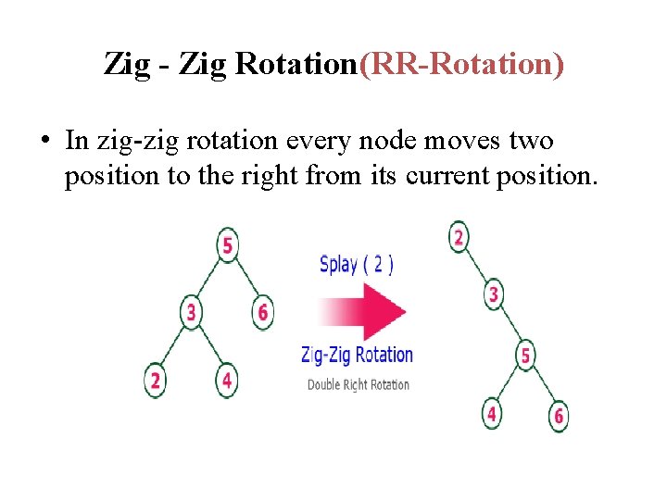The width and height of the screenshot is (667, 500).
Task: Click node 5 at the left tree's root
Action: pyautogui.click(x=227, y=246)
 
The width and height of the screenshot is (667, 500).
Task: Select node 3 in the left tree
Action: pyautogui.click(x=191, y=313)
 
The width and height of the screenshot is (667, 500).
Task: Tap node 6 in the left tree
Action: pyautogui.click(x=263, y=313)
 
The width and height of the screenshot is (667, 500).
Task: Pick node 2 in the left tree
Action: pyautogui.click(x=155, y=381)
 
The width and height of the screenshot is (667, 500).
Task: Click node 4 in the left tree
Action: pyautogui.click(x=227, y=381)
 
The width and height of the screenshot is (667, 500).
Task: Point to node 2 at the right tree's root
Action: pyautogui.click(x=458, y=237)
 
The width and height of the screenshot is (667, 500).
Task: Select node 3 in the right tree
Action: pyautogui.click(x=494, y=295)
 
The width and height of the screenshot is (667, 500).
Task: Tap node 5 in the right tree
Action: pyautogui.click(x=525, y=356)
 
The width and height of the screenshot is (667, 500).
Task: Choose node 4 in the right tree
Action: pyautogui.click(x=492, y=414)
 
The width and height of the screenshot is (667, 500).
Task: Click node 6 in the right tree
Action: pyautogui.click(x=559, y=416)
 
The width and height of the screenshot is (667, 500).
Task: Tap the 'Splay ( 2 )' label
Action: pyautogui.click(x=357, y=264)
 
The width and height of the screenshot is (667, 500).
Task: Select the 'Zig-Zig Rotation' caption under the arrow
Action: pyautogui.click(x=357, y=355)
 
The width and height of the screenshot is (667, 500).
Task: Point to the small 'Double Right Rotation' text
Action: pyautogui.click(x=358, y=384)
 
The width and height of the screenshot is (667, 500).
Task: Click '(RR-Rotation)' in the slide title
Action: pyautogui.click(x=460, y=65)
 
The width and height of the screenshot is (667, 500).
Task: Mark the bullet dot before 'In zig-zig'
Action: pyautogui.click(x=44, y=143)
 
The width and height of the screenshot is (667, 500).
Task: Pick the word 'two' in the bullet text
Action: pyautogui.click(x=530, y=142)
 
